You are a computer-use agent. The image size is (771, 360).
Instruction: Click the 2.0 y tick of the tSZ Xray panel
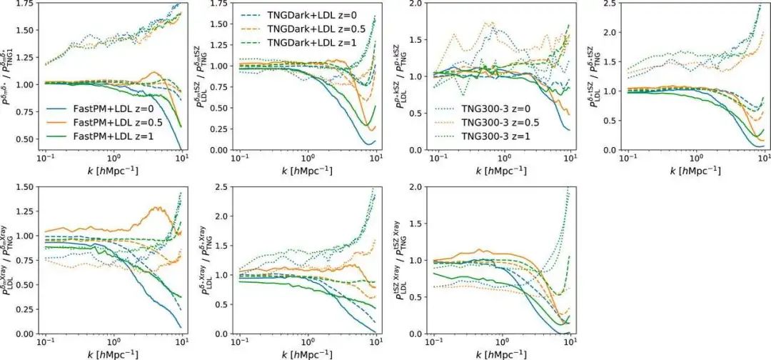423,186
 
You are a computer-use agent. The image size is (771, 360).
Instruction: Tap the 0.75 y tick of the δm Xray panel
25,260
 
